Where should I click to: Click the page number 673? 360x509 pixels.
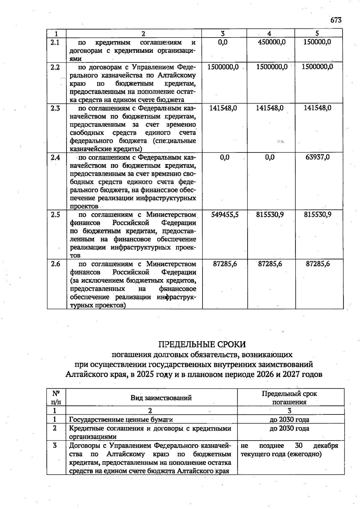click(336, 20)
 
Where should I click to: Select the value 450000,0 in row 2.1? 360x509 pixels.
click(272, 42)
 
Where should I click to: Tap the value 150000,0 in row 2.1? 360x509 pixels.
click(317, 42)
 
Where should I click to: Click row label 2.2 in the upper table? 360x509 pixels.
click(55, 67)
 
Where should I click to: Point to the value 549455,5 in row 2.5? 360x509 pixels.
click(225, 215)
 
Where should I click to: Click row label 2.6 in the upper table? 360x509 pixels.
click(55, 264)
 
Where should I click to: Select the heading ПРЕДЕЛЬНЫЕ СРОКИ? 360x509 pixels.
click(202, 344)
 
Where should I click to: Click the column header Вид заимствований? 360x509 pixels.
click(161, 398)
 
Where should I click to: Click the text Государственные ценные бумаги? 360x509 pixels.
click(121, 420)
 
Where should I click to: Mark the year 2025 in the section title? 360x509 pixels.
click(145, 375)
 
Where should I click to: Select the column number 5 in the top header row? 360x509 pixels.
click(317, 34)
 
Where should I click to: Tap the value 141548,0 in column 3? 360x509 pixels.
click(223, 108)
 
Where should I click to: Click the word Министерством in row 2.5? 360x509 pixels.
click(171, 215)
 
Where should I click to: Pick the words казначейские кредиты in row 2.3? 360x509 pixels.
click(106, 149)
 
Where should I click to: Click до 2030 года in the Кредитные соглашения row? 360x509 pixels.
click(289, 428)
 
